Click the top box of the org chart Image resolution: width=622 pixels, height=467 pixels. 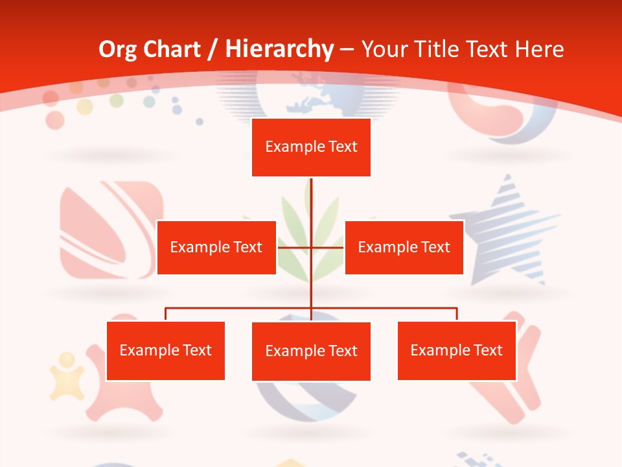[x=311, y=147]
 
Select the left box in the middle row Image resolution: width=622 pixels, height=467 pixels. [x=216, y=247]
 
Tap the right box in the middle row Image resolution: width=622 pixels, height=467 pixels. [x=404, y=247]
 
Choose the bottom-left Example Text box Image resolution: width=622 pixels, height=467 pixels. [x=166, y=350]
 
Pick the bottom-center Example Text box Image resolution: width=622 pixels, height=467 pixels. [x=311, y=351]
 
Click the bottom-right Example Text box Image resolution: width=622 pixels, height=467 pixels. [x=456, y=350]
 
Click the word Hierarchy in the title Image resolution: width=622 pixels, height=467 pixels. [x=279, y=49]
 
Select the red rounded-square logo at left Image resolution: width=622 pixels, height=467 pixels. [x=110, y=230]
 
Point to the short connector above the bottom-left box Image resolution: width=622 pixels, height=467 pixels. [x=166, y=314]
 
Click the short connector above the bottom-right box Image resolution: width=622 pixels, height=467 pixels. [x=456, y=314]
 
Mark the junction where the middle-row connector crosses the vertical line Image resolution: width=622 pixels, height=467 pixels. [x=311, y=247]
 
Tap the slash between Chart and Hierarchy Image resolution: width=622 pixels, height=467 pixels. [x=213, y=49]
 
